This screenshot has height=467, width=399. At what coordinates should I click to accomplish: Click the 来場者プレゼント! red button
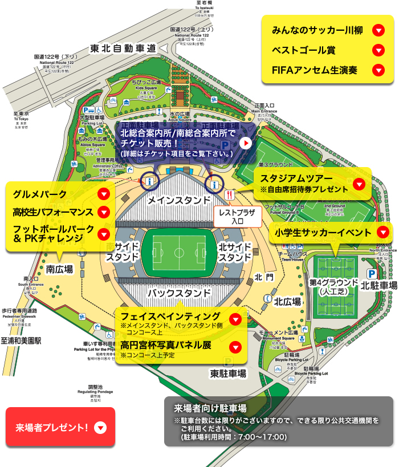point(60,427)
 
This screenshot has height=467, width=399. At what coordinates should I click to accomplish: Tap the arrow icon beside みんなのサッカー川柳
point(377,30)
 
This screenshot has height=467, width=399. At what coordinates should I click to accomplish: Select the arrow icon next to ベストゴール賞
point(377,50)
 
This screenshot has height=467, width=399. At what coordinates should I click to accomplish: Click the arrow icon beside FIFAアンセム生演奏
point(377,71)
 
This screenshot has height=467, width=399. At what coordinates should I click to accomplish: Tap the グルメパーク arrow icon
point(103,194)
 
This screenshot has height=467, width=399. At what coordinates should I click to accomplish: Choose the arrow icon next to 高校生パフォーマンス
point(103,213)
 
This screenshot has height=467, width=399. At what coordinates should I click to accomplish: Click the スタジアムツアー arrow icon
point(359,184)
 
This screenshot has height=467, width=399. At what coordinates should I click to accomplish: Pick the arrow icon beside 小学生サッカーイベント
point(383,232)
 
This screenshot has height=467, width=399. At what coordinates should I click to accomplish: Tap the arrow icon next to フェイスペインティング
point(235,319)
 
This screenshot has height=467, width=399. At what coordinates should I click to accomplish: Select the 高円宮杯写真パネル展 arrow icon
point(235,347)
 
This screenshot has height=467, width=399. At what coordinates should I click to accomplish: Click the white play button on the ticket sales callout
point(245,143)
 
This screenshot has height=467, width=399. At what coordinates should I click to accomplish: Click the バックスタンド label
point(179,293)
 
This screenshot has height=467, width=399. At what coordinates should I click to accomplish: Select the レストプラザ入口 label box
point(238,216)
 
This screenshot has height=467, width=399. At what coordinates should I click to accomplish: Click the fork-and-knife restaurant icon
point(230,194)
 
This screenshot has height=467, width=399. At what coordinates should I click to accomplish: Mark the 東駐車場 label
point(228,373)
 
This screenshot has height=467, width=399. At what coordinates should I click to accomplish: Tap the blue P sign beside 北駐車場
point(370,274)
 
